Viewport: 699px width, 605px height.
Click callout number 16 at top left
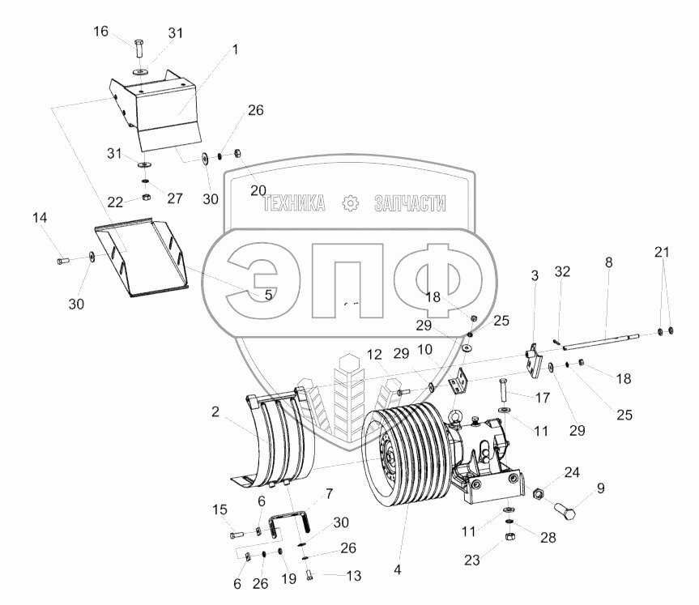100,32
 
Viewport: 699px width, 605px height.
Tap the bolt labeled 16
139,48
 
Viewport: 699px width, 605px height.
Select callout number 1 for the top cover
235,49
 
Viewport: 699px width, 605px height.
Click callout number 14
40,218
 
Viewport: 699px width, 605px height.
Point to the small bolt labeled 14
62,261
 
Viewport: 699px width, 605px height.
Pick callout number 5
268,295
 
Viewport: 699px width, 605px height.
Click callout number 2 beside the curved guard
215,411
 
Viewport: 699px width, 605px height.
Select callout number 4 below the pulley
397,569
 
